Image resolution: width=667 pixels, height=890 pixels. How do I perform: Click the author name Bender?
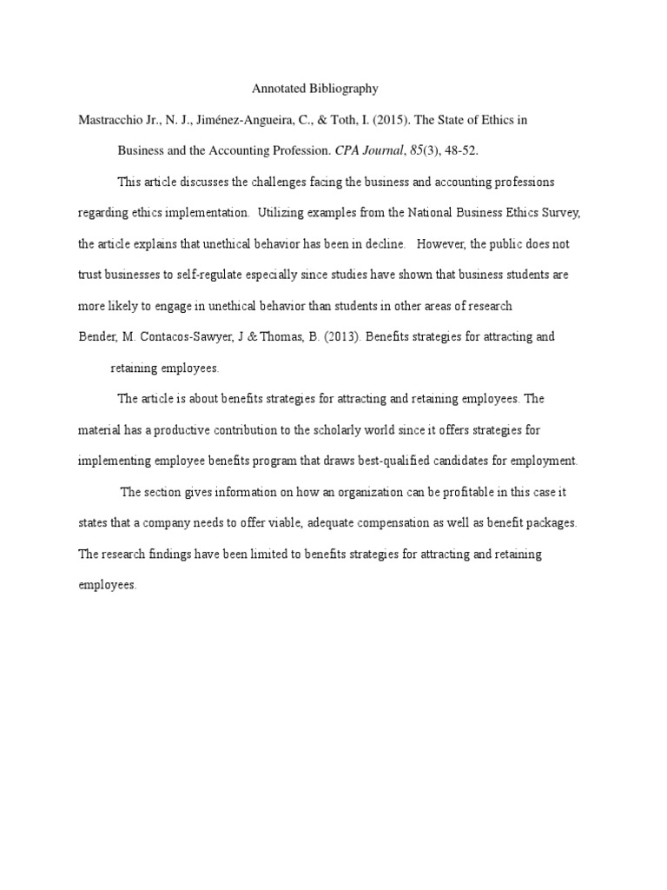(x=96, y=336)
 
